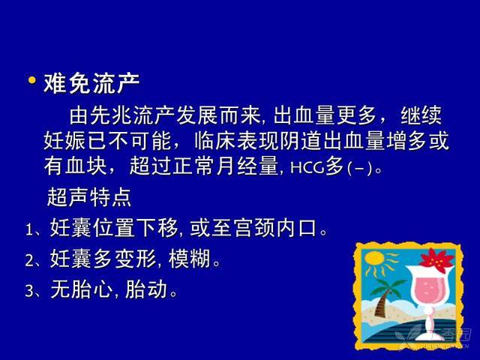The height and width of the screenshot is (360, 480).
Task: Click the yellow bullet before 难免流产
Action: tap(31, 80)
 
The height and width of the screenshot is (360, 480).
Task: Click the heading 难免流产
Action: tap(91, 83)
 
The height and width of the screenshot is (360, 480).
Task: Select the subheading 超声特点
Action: tap(89, 197)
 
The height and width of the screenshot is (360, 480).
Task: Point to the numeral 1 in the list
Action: tap(29, 229)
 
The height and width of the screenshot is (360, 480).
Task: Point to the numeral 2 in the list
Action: tap(30, 260)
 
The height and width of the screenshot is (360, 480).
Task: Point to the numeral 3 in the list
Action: tap(30, 290)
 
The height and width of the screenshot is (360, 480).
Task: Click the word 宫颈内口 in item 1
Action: tap(275, 228)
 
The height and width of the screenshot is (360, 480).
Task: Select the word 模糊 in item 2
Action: tap(190, 259)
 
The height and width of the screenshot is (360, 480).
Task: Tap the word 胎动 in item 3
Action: tap(146, 289)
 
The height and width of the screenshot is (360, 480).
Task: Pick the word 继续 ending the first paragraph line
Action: tap(421, 115)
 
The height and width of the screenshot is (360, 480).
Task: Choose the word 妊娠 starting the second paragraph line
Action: tap(64, 141)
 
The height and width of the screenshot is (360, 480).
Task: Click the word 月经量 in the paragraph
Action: tap(247, 166)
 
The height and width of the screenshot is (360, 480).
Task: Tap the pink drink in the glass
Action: tap(427, 289)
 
